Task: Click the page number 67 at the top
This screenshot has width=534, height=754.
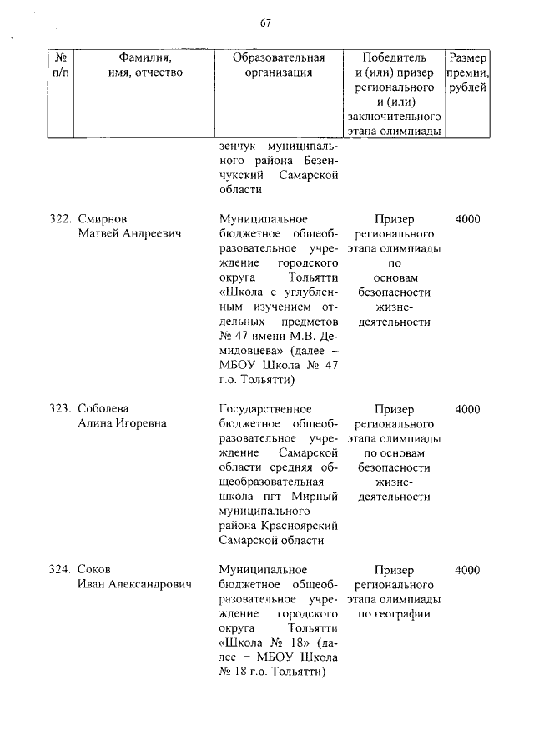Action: point(265,22)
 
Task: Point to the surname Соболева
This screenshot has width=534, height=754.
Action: point(103,408)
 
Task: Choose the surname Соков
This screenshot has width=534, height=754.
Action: point(94,570)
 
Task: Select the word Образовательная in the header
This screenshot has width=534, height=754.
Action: point(279,57)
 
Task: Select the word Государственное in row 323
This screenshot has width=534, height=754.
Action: point(264,408)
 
